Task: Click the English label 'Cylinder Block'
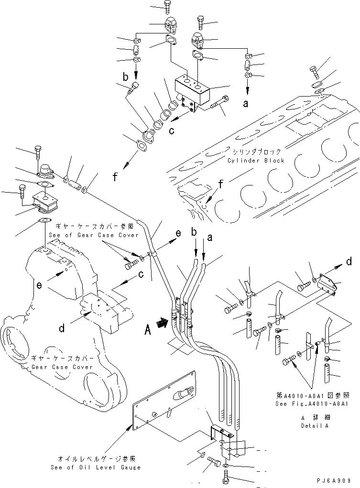pos(256,161)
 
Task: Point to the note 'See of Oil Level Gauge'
pos(96,467)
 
